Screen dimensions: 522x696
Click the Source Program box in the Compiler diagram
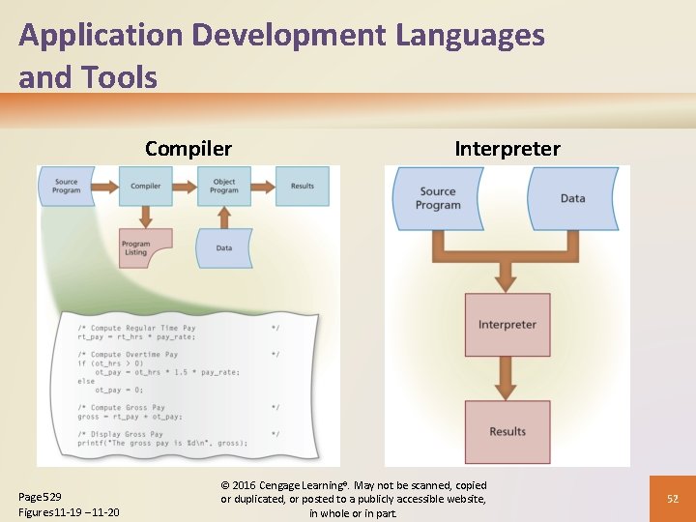[66, 186]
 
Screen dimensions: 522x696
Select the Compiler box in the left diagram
[146, 186]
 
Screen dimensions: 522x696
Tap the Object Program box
[224, 186]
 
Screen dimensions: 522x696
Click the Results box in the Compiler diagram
[303, 186]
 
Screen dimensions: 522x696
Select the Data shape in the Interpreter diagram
[572, 198]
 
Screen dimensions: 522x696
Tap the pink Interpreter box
[507, 325]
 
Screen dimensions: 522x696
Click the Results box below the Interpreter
[507, 432]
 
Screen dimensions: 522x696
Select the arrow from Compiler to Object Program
[185, 186]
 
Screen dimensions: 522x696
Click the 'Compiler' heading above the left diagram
[188, 149]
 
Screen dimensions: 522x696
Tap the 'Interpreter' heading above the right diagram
[507, 149]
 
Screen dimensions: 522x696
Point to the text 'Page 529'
[41, 496]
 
